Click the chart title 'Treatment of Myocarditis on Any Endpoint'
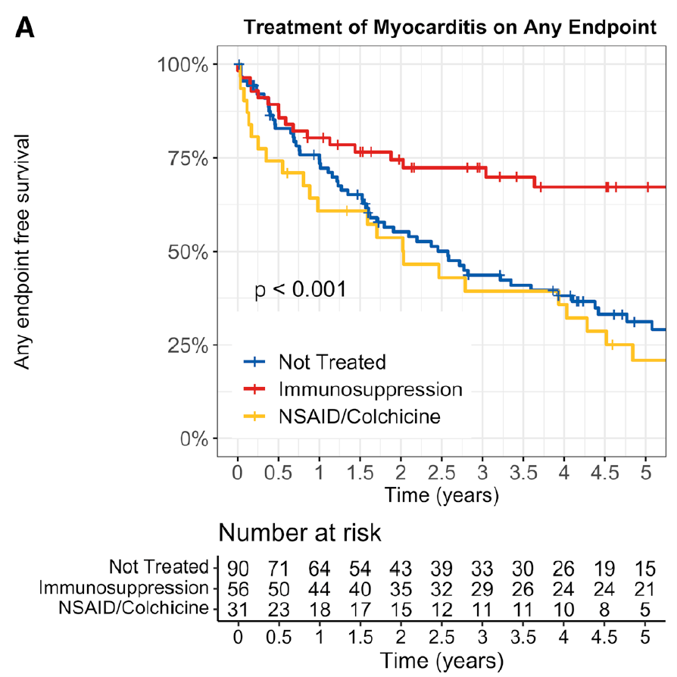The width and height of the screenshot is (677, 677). click(x=450, y=29)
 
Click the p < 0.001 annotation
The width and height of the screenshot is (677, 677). click(x=301, y=289)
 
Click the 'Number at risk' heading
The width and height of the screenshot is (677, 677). click(x=300, y=533)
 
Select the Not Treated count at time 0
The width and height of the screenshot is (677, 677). click(x=237, y=567)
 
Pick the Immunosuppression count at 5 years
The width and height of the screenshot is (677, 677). click(x=644, y=588)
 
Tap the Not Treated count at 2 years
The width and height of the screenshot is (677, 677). click(x=400, y=567)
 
